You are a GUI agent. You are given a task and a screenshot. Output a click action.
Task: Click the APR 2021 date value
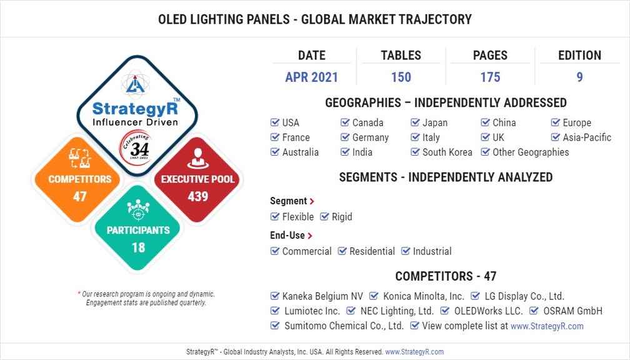coord(311,77)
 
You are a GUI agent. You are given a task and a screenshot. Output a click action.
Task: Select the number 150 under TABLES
coord(401,77)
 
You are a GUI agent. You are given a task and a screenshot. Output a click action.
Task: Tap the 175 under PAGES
coord(490,77)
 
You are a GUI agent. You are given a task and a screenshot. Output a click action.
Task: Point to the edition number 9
coord(579,77)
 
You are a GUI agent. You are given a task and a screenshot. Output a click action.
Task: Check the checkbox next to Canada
coord(345,122)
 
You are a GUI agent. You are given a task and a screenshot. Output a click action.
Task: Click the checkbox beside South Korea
coord(415,152)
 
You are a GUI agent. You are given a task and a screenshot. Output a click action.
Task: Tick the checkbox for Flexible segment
coord(275,216)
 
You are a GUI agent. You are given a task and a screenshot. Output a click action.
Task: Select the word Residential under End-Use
coord(372,251)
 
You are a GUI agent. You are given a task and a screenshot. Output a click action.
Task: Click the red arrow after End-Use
coord(310,236)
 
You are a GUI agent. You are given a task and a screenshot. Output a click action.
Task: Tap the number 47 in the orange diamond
coord(79,196)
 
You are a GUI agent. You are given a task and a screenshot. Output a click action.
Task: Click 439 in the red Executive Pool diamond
coord(197,196)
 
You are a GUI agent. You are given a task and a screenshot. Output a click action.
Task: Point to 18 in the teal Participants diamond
coord(138,247)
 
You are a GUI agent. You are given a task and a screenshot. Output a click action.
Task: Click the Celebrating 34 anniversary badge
coord(135,147)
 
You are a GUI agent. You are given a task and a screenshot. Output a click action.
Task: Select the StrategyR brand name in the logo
coord(135,108)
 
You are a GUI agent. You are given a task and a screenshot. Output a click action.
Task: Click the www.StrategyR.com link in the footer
coord(414,352)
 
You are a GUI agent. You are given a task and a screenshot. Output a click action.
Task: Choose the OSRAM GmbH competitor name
coord(572,311)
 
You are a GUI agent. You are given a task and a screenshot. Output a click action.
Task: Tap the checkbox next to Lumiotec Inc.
coord(275,311)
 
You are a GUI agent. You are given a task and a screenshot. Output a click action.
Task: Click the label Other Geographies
coord(531,152)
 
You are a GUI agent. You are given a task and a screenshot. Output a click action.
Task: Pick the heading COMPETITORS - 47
coord(446,276)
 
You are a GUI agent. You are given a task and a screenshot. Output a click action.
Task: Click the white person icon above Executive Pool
coord(197,158)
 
